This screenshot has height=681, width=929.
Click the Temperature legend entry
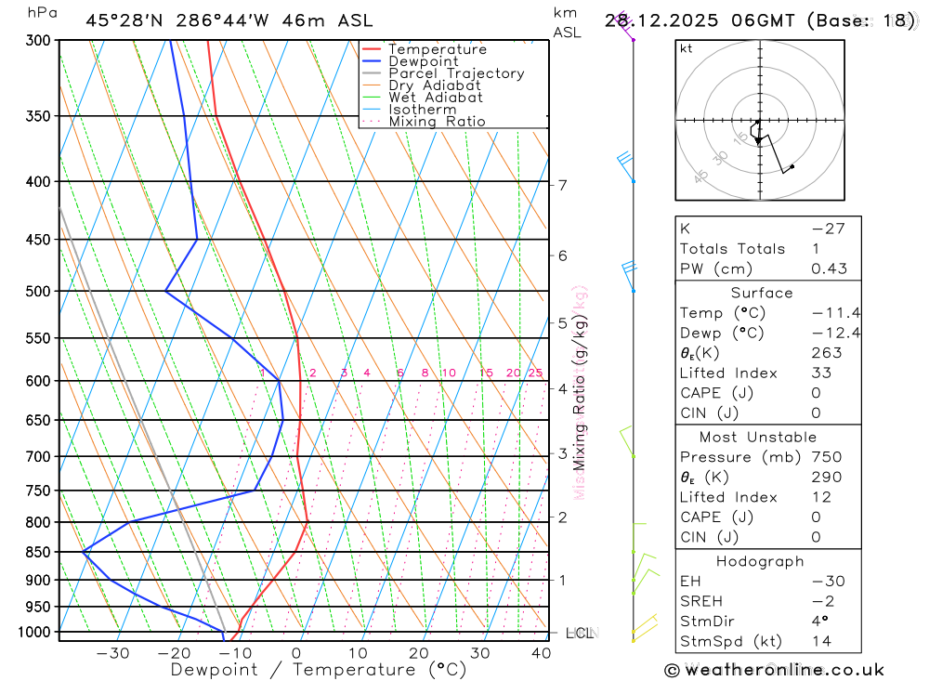pyautogui.click(x=437, y=49)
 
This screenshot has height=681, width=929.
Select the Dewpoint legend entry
pyautogui.click(x=423, y=61)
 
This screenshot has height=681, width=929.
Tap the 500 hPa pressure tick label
pyautogui.click(x=38, y=292)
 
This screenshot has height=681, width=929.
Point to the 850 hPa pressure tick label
pyautogui.click(x=38, y=552)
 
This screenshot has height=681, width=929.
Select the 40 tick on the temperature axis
pyautogui.click(x=541, y=653)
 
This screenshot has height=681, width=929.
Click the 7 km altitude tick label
pyautogui.click(x=562, y=185)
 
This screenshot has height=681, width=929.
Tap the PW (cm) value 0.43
pyautogui.click(x=829, y=268)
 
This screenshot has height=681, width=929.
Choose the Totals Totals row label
pyautogui.click(x=732, y=248)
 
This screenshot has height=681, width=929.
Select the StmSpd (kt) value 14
pyautogui.click(x=822, y=641)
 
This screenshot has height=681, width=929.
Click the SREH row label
pyautogui.click(x=701, y=601)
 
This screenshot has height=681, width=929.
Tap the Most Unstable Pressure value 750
pyautogui.click(x=826, y=457)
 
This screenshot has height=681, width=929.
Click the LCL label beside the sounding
pyautogui.click(x=580, y=634)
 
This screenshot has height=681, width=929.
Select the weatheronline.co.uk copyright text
pyautogui.click(x=775, y=670)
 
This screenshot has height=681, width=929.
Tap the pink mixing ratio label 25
pyautogui.click(x=535, y=373)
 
